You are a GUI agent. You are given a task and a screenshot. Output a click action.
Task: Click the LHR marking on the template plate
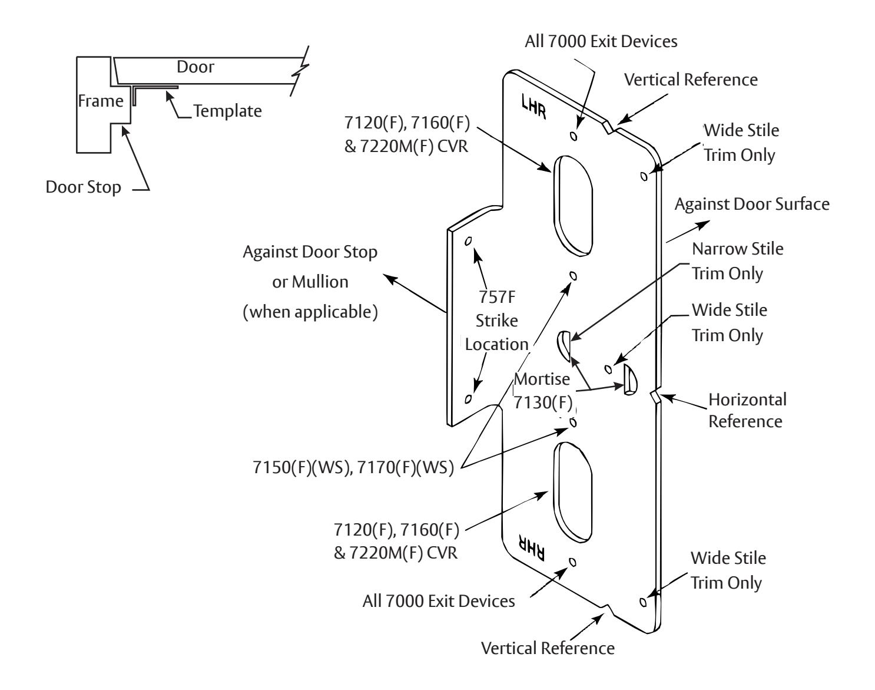tap(533, 107)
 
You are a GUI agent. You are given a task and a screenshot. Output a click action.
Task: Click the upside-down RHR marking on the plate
tap(532, 547)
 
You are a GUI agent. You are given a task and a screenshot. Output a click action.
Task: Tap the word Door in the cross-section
tap(195, 67)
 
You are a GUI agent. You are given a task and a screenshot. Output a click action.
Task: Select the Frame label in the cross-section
tap(101, 101)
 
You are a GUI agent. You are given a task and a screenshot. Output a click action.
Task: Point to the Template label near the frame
tap(227, 111)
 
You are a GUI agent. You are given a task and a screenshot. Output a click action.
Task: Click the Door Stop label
tap(84, 187)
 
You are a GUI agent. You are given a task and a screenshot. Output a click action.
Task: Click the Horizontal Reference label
tap(747, 410)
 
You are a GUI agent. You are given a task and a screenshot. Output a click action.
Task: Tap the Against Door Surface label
tap(752, 204)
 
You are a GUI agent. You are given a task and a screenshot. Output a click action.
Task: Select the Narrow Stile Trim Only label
tap(738, 261)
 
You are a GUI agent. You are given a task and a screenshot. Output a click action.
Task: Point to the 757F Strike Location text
tap(496, 321)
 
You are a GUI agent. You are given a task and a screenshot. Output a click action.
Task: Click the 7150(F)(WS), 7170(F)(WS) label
tap(353, 467)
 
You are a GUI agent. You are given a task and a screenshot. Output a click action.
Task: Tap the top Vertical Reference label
tap(691, 80)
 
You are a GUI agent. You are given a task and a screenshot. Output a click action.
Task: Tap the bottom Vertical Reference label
tap(548, 649)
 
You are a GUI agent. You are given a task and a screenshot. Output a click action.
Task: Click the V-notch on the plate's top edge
tap(609, 127)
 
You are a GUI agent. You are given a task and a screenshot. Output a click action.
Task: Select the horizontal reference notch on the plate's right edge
tap(655, 396)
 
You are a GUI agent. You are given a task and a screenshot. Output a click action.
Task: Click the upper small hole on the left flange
tap(468, 241)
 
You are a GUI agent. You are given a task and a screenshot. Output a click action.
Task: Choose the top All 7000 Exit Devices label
tap(601, 41)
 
